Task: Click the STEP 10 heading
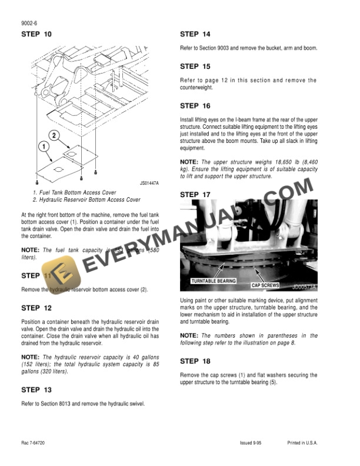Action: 36,34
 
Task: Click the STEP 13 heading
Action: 36,390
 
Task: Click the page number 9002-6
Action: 29,23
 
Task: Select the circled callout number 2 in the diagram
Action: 54,137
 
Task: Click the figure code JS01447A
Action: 149,184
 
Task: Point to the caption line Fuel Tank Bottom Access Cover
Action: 74,192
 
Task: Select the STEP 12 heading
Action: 36,308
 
